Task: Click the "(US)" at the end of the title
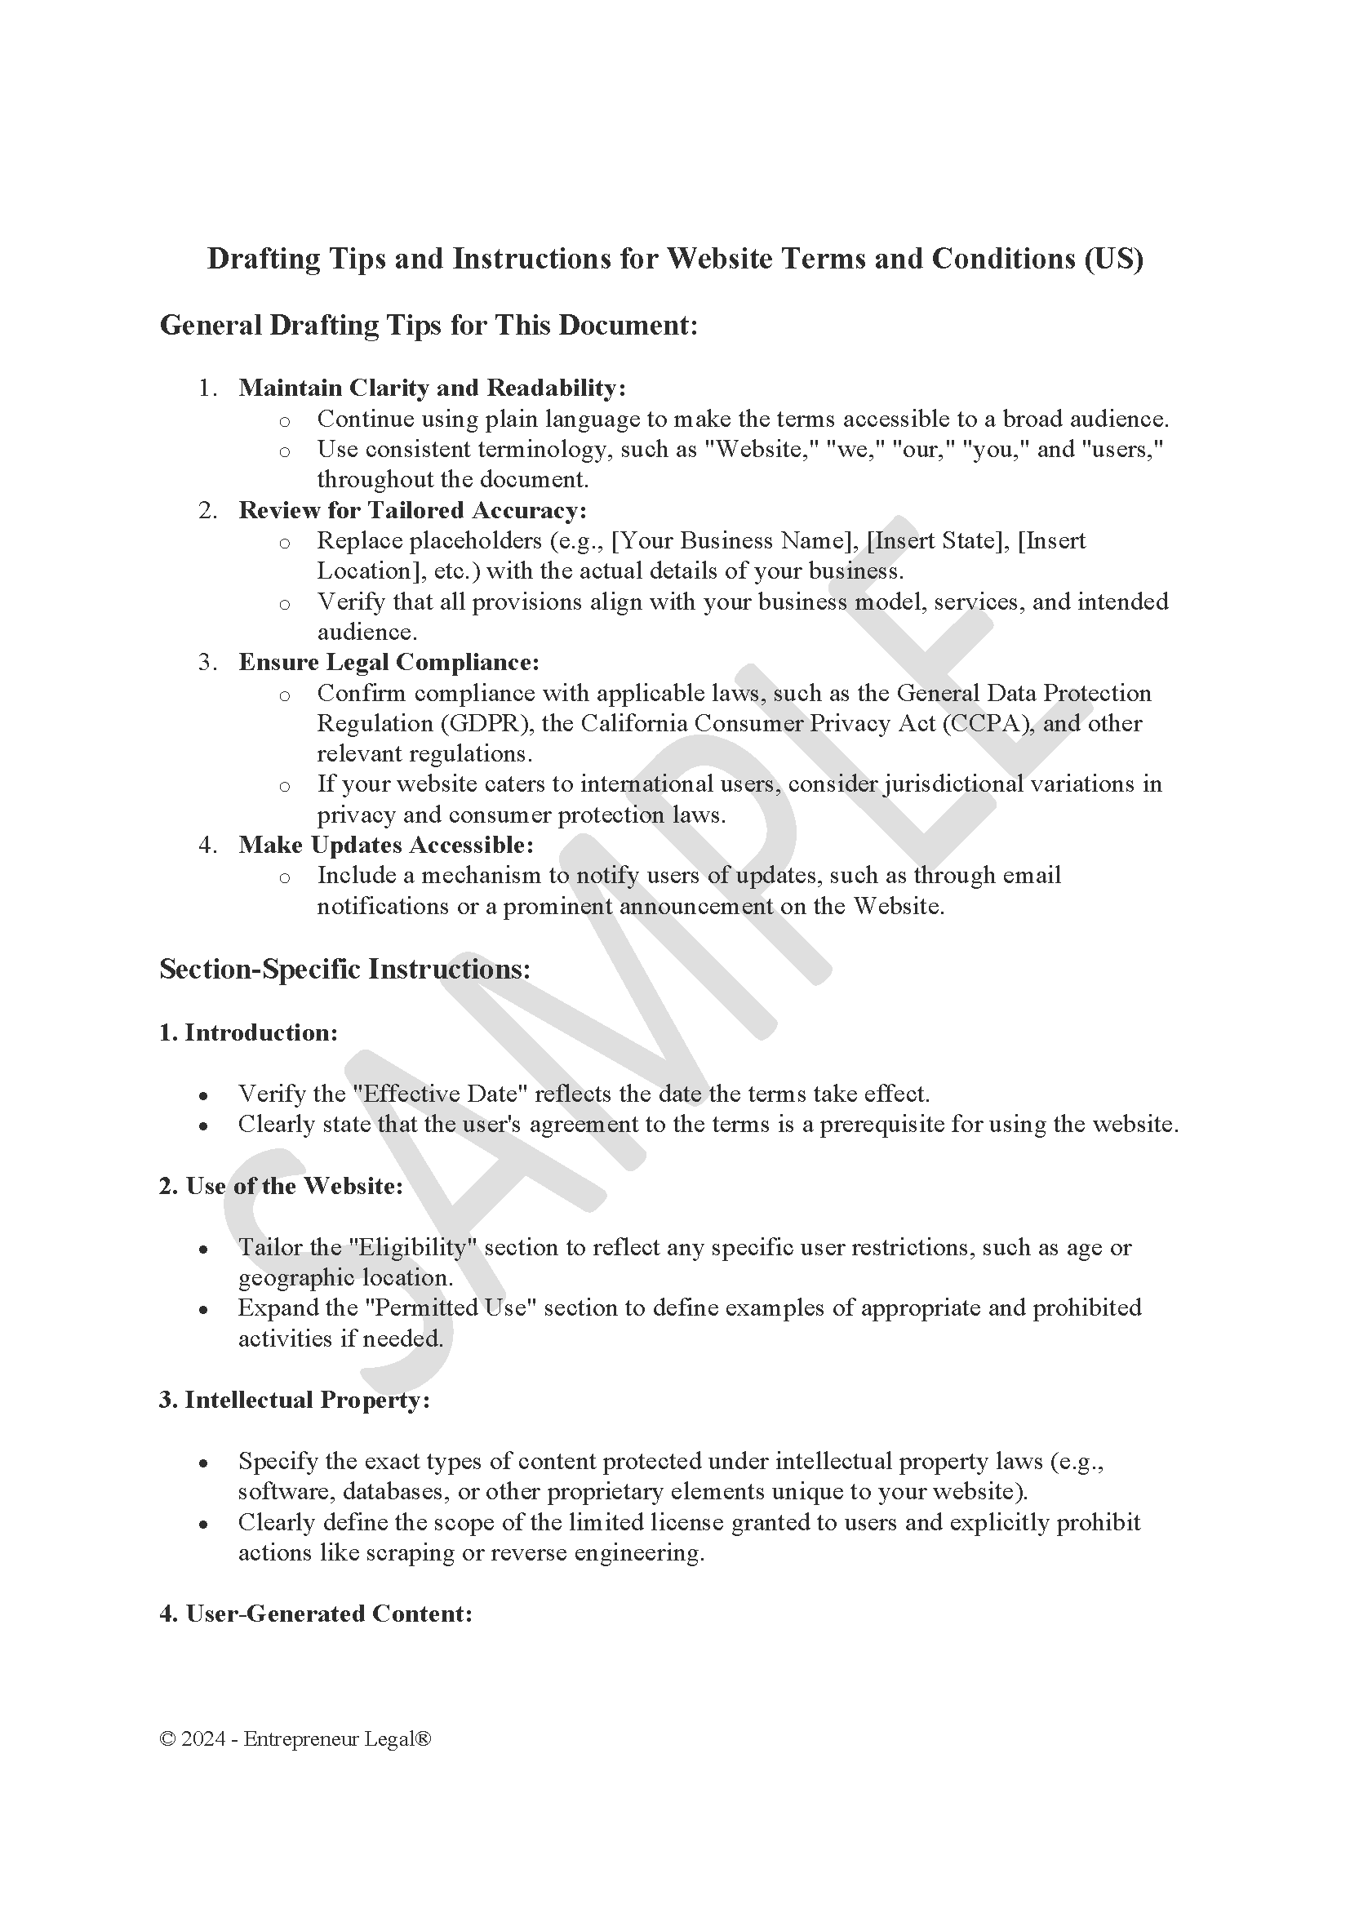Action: point(1113,260)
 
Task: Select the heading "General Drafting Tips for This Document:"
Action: point(429,325)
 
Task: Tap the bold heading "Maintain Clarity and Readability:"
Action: point(432,388)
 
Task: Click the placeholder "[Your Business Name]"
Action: point(735,541)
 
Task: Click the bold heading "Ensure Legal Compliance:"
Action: point(389,663)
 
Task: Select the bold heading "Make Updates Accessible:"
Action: point(386,845)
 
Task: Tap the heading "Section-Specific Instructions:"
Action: point(345,970)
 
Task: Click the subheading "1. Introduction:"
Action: point(249,1032)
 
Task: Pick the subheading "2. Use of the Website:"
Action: point(281,1187)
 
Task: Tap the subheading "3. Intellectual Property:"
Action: point(295,1401)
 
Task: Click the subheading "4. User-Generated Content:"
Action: point(316,1614)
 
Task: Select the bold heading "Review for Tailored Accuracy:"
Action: point(412,510)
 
